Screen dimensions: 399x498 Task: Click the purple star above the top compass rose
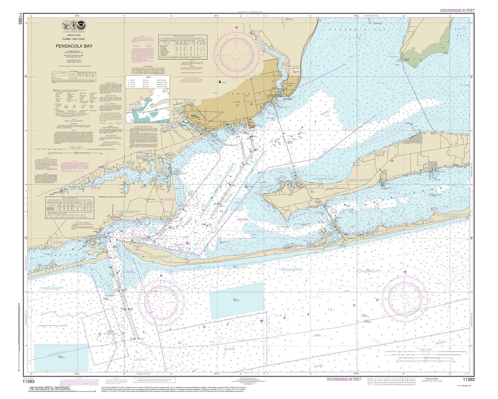237,28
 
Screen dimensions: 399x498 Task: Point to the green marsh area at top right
426,42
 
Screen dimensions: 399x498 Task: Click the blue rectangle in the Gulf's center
236,301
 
